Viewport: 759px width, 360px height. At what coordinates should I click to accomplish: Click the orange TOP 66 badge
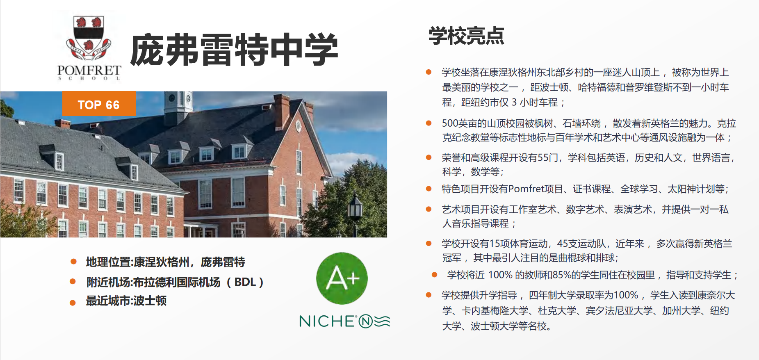point(99,104)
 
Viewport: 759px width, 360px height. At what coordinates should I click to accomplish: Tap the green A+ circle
point(342,278)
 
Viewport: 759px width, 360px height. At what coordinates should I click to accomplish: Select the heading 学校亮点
point(466,36)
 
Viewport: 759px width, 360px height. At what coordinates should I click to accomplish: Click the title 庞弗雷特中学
point(234,50)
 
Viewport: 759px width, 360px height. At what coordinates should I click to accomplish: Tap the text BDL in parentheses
point(245,282)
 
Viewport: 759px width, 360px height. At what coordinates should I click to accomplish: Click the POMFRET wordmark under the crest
point(89,70)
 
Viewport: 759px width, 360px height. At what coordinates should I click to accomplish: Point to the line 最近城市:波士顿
point(126,301)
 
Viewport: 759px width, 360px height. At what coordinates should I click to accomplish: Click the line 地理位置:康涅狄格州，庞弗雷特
point(166,262)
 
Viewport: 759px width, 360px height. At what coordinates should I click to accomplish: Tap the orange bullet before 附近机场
point(73,281)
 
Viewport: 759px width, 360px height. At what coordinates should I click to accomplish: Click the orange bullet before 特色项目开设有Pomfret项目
point(429,189)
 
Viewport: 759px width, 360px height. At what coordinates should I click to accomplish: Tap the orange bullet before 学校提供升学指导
point(429,295)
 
